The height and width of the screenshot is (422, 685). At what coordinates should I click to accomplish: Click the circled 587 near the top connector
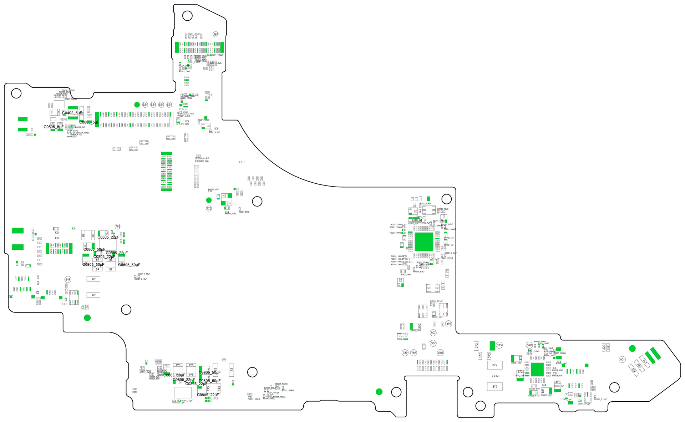[x=215, y=34]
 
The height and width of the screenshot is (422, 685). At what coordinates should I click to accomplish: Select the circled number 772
[x=209, y=209]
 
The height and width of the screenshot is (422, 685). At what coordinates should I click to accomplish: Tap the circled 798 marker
[x=118, y=227]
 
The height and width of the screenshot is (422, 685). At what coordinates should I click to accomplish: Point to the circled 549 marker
[x=68, y=279]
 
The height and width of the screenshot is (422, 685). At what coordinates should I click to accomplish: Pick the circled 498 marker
[x=448, y=324]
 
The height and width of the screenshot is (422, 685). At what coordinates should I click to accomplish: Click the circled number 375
[x=499, y=345]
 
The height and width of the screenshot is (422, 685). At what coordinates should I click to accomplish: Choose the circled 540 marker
[x=529, y=345]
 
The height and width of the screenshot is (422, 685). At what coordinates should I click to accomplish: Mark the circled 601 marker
[x=622, y=359]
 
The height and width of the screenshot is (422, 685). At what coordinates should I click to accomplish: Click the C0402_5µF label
[x=72, y=113]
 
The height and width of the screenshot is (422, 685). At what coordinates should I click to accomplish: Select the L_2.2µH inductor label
[x=496, y=376]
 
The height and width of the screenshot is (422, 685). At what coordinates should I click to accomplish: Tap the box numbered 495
[x=558, y=382]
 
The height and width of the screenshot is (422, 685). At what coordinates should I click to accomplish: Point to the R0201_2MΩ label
[x=230, y=214]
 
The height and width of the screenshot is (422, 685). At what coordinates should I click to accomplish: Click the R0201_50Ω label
[x=244, y=212]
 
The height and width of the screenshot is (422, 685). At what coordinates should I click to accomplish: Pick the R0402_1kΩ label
[x=405, y=275]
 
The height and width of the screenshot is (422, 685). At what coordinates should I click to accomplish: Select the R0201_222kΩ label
[x=447, y=258]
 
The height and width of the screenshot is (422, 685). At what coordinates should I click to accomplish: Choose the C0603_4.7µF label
[x=534, y=396]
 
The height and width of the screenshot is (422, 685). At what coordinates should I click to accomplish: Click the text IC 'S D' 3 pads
[x=183, y=124]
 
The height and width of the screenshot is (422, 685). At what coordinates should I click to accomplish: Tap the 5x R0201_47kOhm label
[x=193, y=34]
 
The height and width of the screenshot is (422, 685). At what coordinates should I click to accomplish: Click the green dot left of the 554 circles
[x=137, y=105]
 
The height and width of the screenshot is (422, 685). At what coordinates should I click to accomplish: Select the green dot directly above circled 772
[x=209, y=200]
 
